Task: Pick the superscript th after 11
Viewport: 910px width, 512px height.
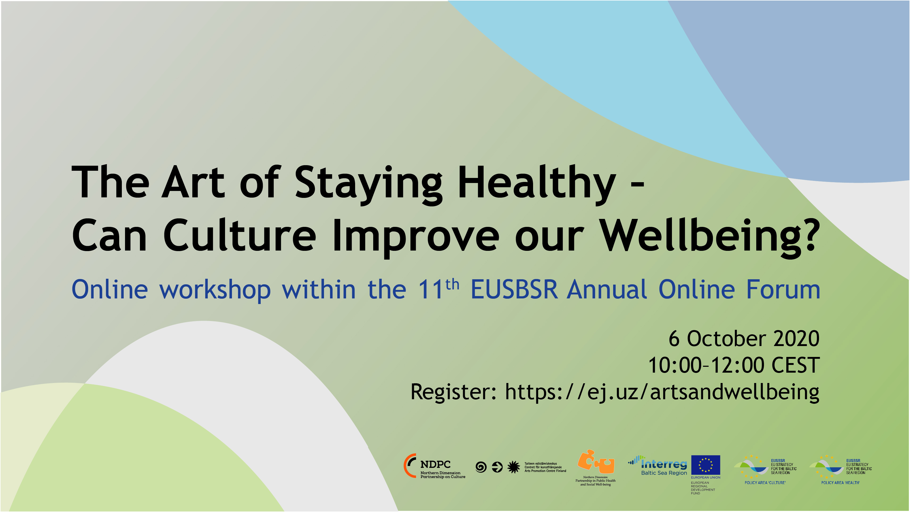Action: (452, 284)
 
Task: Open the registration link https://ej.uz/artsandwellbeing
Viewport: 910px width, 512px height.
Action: (662, 392)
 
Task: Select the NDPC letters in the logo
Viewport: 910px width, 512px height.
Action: (435, 464)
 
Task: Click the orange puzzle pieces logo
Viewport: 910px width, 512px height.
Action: (596, 461)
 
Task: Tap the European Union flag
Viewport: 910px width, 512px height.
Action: (705, 465)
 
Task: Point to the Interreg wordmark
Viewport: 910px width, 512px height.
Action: (664, 464)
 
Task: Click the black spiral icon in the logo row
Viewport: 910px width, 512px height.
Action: (481, 467)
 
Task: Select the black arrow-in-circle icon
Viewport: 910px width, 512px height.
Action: (497, 467)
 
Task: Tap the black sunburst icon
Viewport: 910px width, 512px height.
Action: (514, 467)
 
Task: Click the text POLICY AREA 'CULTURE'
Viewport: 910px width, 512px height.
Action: (765, 483)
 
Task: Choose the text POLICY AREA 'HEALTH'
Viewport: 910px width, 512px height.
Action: (840, 483)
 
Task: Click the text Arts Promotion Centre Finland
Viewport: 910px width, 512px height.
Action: (545, 471)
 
